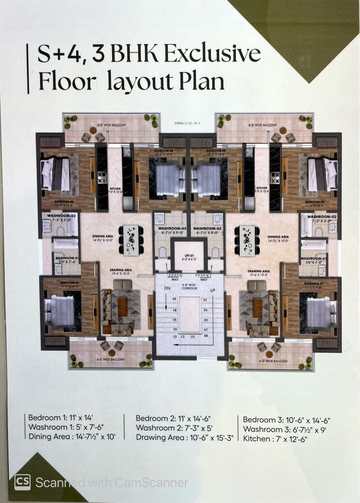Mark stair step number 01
(205, 300)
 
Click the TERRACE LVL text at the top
(187, 123)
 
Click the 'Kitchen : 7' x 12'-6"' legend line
(275, 439)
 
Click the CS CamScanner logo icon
(22, 482)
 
